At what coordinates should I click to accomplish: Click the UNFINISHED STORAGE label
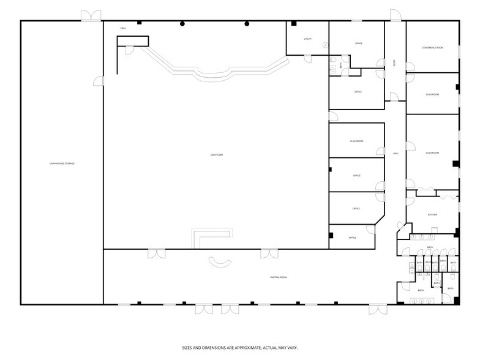(x=62, y=163)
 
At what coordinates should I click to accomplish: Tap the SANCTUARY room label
(x=217, y=155)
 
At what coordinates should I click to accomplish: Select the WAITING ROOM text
(x=279, y=277)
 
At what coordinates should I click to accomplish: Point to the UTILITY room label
(x=307, y=39)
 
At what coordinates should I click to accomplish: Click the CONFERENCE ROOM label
(x=432, y=48)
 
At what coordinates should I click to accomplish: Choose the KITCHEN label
(x=432, y=215)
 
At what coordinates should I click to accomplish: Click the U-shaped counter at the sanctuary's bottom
(x=212, y=237)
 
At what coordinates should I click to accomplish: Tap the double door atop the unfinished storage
(x=92, y=16)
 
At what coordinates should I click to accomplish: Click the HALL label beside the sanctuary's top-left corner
(x=123, y=28)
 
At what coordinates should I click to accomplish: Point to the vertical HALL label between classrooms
(x=396, y=153)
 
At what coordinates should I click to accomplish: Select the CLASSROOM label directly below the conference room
(x=432, y=94)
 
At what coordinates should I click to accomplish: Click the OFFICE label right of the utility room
(x=359, y=43)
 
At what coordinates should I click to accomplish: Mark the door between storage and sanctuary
(x=99, y=81)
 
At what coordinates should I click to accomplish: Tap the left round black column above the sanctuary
(x=182, y=24)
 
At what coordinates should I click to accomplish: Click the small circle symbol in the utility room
(x=325, y=44)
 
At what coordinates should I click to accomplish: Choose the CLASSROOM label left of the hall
(x=357, y=141)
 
